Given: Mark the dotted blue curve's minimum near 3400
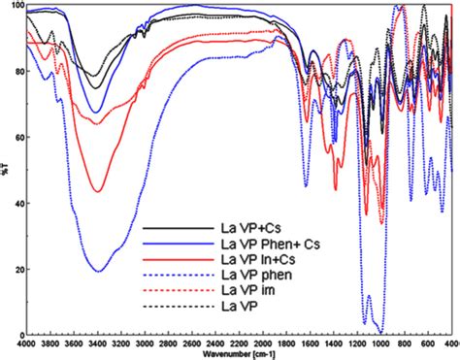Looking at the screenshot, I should tap(97, 271).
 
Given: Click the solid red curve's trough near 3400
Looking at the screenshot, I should tap(97, 191).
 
